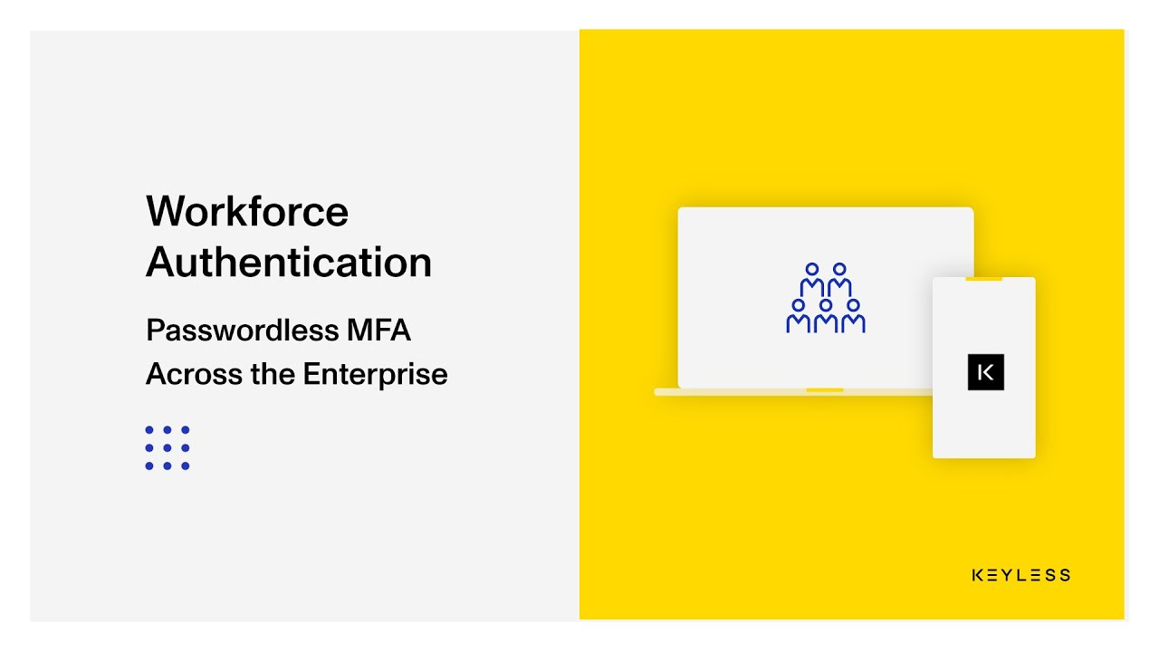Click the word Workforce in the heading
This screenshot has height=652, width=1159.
pyautogui.click(x=247, y=212)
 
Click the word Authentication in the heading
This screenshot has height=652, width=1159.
pyautogui.click(x=289, y=263)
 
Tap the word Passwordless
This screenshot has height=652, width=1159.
pyautogui.click(x=241, y=331)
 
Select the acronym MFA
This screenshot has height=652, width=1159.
pyautogui.click(x=378, y=331)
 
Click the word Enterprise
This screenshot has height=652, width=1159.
pyautogui.click(x=375, y=374)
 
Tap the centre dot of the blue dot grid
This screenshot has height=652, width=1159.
pyautogui.click(x=168, y=448)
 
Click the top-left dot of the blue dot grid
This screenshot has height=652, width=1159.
pyautogui.click(x=149, y=430)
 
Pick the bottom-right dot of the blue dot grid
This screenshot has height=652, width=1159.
pyautogui.click(x=186, y=466)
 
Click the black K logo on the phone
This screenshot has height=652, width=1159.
pyautogui.click(x=986, y=372)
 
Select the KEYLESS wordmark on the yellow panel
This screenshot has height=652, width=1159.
pyautogui.click(x=1020, y=575)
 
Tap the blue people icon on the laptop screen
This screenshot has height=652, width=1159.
pyautogui.click(x=826, y=299)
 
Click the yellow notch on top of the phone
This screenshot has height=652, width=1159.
pyautogui.click(x=983, y=279)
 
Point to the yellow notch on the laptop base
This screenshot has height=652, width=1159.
pyautogui.click(x=824, y=390)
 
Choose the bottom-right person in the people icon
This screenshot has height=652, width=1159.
pyautogui.click(x=853, y=317)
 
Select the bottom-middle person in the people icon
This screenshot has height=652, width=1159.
pyautogui.click(x=826, y=317)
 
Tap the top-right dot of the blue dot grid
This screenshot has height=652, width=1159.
pyautogui.click(x=186, y=430)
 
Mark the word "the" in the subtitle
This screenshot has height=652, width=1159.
pyautogui.click(x=273, y=374)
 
